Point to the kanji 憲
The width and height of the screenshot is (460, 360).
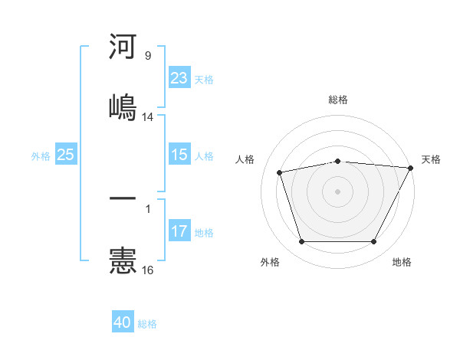click(x=123, y=260)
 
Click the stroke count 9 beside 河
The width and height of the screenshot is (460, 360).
click(x=148, y=56)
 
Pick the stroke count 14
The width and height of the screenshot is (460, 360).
click(x=148, y=117)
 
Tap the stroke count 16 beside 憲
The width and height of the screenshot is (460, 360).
click(x=148, y=270)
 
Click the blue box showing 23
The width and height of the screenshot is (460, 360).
click(x=179, y=78)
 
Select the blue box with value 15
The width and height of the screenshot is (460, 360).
click(x=179, y=155)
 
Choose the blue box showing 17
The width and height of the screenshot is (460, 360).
click(x=179, y=231)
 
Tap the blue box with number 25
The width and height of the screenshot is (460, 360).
click(x=65, y=155)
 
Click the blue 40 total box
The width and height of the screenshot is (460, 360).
click(x=123, y=322)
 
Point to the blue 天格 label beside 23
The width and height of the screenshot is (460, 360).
click(x=204, y=80)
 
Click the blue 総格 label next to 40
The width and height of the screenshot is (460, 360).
click(x=147, y=324)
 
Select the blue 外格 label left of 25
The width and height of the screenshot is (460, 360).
click(x=41, y=156)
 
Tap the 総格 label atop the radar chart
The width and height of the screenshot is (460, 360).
click(x=338, y=100)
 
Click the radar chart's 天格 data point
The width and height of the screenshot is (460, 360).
click(x=412, y=168)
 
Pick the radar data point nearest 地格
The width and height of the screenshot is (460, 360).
click(x=374, y=241)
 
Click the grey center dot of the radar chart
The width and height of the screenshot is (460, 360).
click(x=338, y=191)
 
